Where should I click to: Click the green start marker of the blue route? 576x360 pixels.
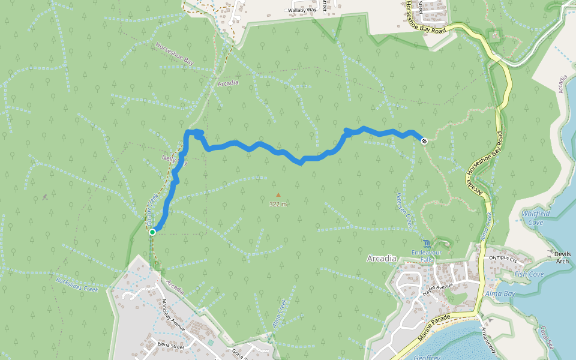tap(152, 232)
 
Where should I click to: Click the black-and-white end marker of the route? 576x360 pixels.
tap(424, 141)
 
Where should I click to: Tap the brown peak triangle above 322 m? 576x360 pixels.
tap(278, 194)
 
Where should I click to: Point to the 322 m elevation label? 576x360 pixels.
tap(278, 204)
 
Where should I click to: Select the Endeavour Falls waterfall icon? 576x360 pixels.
tap(427, 243)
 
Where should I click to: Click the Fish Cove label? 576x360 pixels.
tap(529, 274)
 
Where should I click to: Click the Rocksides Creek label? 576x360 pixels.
tap(77, 284)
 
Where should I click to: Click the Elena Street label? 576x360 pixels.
tap(170, 346)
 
